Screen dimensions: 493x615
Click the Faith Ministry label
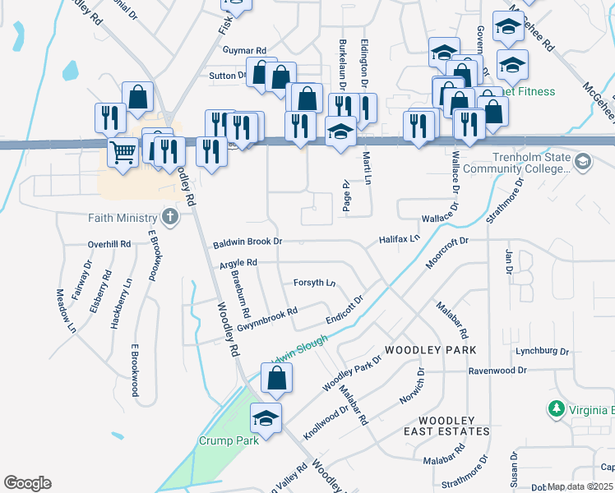(x=122, y=218)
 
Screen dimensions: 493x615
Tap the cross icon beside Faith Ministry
(x=169, y=218)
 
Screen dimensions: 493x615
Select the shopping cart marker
(x=122, y=151)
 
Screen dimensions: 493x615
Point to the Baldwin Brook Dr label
(x=247, y=243)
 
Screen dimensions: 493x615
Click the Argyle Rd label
(x=238, y=263)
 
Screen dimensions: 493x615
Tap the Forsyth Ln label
(x=315, y=283)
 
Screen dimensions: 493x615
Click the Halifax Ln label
(x=400, y=238)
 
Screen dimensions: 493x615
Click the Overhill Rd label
(x=109, y=245)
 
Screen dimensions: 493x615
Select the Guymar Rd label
(x=245, y=51)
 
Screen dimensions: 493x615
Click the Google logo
(x=27, y=483)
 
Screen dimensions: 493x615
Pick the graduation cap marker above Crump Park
(x=266, y=419)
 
